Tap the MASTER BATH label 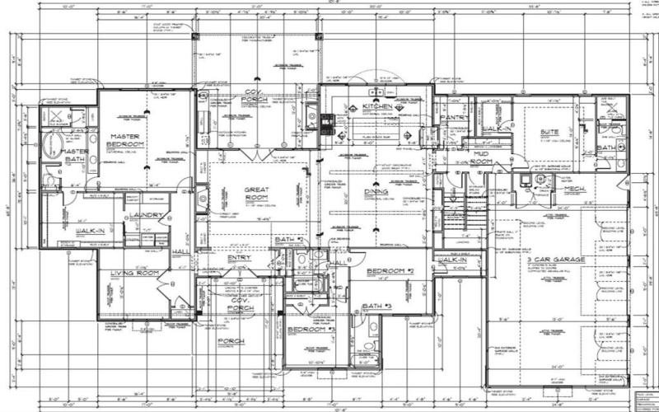[72, 156]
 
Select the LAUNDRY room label [147, 216]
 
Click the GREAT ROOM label [257, 194]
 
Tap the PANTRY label [455, 118]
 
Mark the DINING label [376, 191]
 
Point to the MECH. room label [574, 188]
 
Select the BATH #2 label [290, 239]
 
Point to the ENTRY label [241, 257]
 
